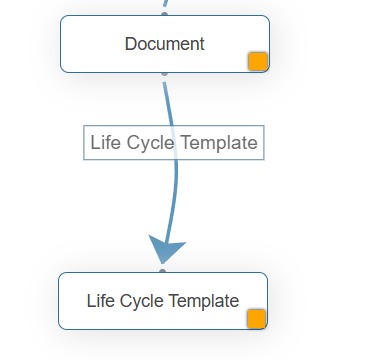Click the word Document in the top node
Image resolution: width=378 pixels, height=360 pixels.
[x=164, y=44]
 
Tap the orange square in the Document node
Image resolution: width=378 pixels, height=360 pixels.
[x=258, y=61]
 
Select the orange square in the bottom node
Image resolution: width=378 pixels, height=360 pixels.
[x=256, y=318]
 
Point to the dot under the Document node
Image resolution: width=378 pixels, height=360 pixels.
[x=164, y=73]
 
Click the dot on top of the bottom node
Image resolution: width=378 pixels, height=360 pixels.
[x=162, y=271]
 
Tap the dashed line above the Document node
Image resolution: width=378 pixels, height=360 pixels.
[x=166, y=6]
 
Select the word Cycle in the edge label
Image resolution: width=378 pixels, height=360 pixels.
[x=145, y=142]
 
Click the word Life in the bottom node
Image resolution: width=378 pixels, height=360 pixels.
[x=101, y=300]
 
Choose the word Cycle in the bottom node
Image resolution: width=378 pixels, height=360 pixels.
[x=141, y=300]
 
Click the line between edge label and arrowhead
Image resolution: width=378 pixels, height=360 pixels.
[x=175, y=195]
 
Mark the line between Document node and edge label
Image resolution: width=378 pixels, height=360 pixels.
[x=167, y=100]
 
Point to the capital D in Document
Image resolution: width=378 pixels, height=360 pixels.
[x=131, y=44]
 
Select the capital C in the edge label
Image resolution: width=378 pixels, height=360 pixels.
[x=129, y=142]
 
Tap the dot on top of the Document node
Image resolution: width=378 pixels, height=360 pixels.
[x=165, y=16]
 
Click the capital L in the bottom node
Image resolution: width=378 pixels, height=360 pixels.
[x=91, y=300]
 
